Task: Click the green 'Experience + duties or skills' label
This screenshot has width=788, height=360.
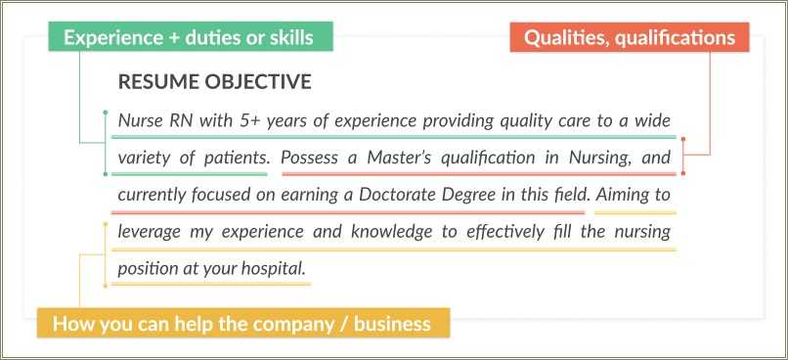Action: pyautogui.click(x=189, y=38)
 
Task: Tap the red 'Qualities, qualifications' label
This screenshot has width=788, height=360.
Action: pyautogui.click(x=630, y=38)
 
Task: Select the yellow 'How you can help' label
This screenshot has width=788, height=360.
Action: pyautogui.click(x=241, y=324)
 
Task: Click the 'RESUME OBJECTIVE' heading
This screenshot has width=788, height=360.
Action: pyautogui.click(x=214, y=82)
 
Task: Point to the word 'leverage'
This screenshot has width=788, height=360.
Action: pyautogui.click(x=151, y=232)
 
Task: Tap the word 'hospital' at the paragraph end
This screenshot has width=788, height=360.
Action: pyautogui.click(x=278, y=268)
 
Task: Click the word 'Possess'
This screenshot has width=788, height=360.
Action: pyautogui.click(x=311, y=157)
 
